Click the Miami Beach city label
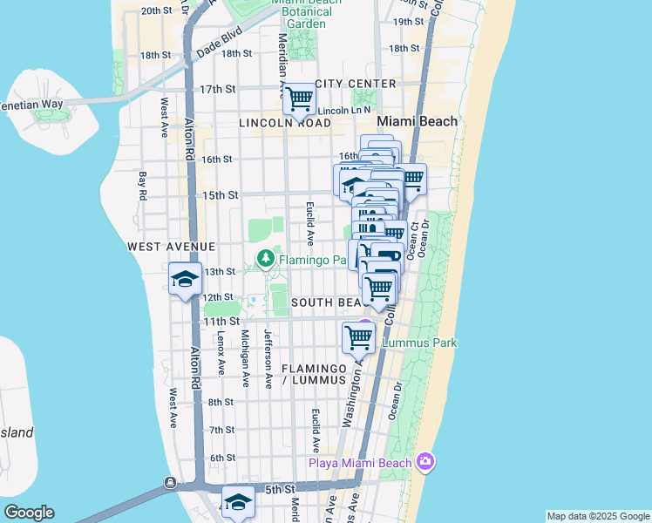(417, 121)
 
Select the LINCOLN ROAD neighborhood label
(285, 124)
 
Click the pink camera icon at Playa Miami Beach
(424, 461)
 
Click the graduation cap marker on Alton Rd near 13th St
(186, 279)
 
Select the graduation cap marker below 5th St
(237, 501)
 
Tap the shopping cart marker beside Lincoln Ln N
(299, 99)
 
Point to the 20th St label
(157, 11)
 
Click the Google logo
(29, 513)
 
